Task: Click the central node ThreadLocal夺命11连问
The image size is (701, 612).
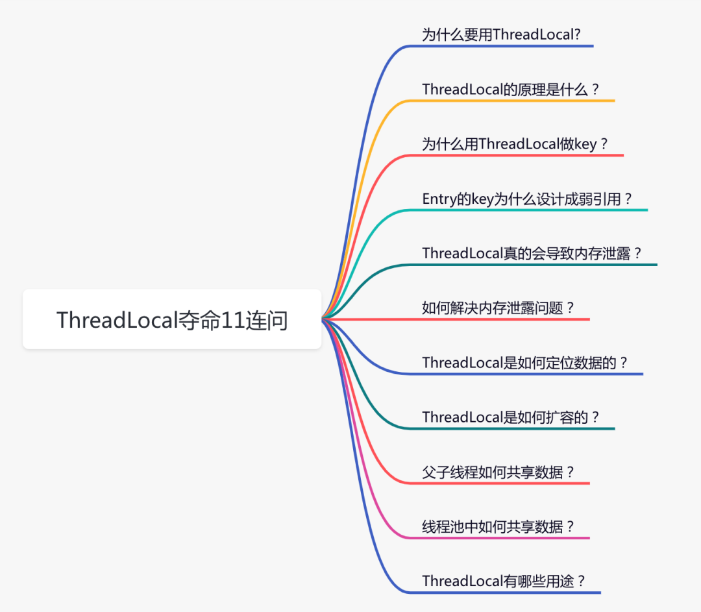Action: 172,319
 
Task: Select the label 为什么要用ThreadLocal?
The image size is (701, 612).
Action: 501,34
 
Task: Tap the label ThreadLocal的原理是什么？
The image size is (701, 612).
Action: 511,90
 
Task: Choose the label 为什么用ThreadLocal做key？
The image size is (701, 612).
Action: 515,144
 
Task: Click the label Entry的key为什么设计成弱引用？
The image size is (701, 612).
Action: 527,199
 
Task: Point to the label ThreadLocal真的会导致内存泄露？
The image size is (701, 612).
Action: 532,254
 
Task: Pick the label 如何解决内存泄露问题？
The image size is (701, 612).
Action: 498,308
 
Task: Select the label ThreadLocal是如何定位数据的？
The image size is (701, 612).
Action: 525,363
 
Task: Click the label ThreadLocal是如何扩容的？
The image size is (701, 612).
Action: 511,417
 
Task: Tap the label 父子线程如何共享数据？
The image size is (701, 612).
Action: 498,472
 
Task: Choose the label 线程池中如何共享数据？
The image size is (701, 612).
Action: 498,526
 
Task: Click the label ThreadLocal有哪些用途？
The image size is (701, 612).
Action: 504,581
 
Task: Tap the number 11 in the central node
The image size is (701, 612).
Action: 233,320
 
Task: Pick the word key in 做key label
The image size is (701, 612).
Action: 585,144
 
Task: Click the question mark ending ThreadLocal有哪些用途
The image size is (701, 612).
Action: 581,581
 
